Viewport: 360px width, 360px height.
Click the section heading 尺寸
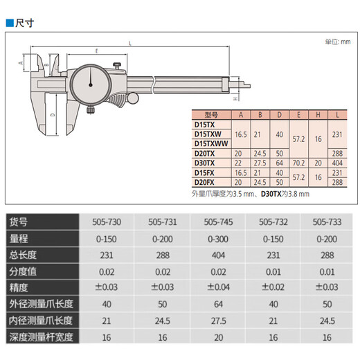[24, 23]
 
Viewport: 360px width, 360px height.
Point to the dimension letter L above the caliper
[129, 44]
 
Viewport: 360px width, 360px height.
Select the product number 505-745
[217, 222]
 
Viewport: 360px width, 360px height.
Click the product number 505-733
[327, 222]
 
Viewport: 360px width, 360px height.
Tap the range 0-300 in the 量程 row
[217, 239]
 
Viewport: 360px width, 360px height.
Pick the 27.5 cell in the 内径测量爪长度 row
[217, 322]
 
